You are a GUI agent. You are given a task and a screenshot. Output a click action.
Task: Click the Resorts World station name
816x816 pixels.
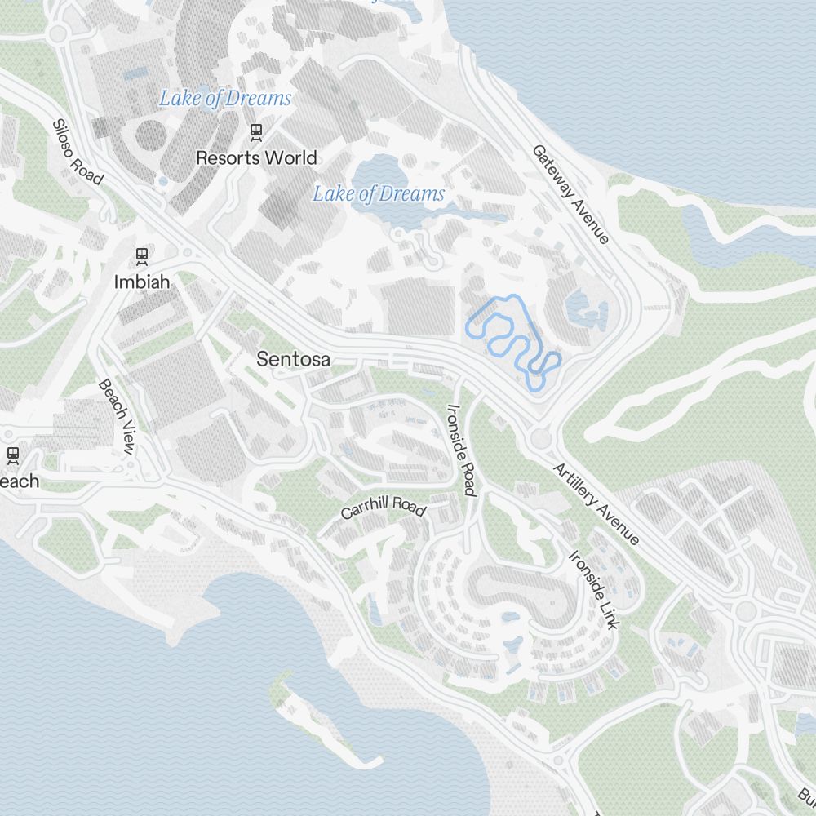pyautogui.click(x=256, y=157)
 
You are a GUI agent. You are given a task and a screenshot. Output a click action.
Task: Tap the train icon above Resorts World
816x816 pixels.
pyautogui.click(x=256, y=130)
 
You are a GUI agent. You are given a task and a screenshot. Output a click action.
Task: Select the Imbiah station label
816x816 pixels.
pyautogui.click(x=142, y=282)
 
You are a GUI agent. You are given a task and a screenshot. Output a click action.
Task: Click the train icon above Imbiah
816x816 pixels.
pyautogui.click(x=142, y=255)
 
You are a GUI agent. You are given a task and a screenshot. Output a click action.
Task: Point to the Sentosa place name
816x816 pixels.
pyautogui.click(x=293, y=358)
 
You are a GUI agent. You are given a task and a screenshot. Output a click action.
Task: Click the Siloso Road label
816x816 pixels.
pyautogui.click(x=78, y=152)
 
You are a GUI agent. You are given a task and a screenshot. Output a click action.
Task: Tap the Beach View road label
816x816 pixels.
pyautogui.click(x=116, y=416)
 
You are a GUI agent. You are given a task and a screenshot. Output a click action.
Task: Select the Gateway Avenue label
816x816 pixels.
pyautogui.click(x=570, y=194)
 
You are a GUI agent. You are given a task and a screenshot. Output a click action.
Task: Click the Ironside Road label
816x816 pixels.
pyautogui.click(x=461, y=450)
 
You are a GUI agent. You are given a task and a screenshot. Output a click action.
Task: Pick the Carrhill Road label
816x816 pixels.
pyautogui.click(x=384, y=508)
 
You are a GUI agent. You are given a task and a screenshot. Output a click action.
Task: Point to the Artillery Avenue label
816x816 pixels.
pyautogui.click(x=596, y=504)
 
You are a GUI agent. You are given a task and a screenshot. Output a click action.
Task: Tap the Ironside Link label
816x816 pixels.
pyautogui.click(x=593, y=590)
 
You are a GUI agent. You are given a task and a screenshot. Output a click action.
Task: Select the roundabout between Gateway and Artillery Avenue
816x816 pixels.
pyautogui.click(x=540, y=439)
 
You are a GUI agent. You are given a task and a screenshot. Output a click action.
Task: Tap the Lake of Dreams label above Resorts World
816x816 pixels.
pyautogui.click(x=224, y=99)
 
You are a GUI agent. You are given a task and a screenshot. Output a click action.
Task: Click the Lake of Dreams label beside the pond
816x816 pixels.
pyautogui.click(x=379, y=193)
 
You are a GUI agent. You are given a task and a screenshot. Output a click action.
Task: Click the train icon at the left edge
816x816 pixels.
pyautogui.click(x=12, y=454)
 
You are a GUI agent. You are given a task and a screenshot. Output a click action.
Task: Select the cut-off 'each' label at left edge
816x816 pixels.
pyautogui.click(x=19, y=481)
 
